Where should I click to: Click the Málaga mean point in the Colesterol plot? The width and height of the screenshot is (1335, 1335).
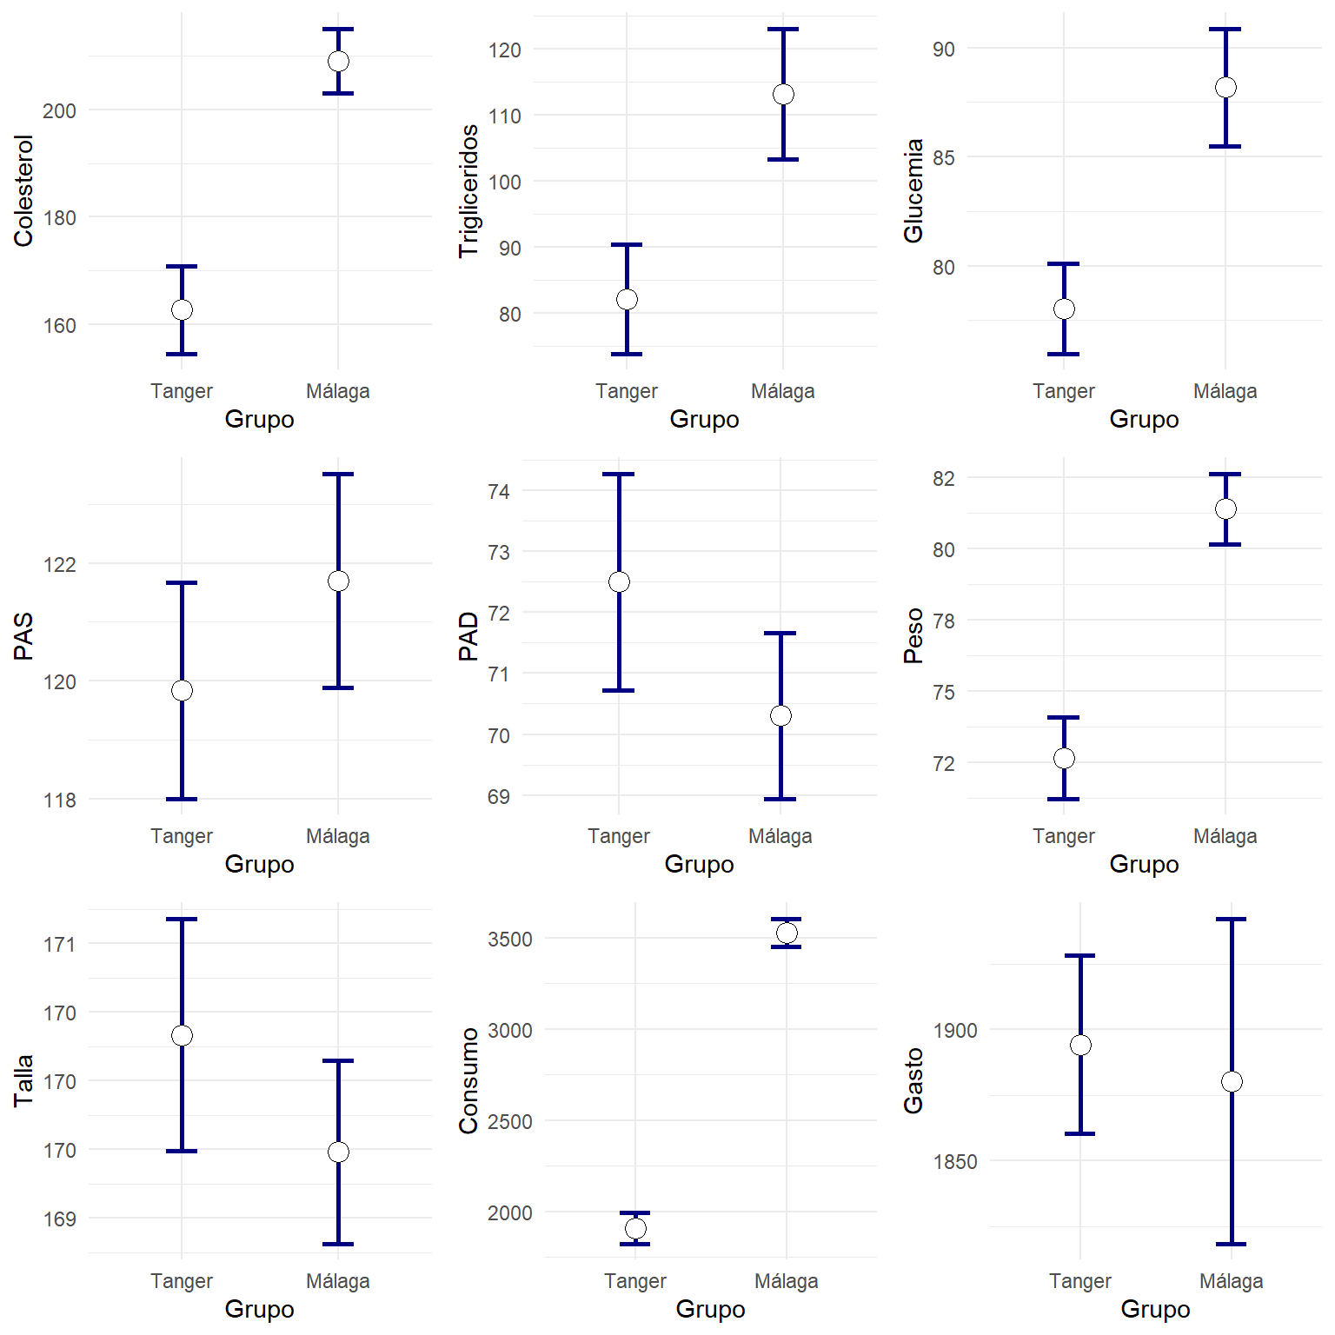338,61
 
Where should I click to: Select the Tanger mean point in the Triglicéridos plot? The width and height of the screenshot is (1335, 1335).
627,299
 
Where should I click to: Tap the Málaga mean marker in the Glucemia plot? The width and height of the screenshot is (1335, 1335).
1225,87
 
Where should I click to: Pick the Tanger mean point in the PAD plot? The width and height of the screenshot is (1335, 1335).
619,581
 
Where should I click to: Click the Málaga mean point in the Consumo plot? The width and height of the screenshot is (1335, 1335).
787,933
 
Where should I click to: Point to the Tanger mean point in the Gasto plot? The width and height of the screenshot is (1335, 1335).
1080,1045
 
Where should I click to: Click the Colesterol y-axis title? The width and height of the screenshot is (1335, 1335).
23,191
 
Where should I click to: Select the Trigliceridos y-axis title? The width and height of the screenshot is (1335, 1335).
468,191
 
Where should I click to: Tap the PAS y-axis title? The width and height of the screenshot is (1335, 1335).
23,636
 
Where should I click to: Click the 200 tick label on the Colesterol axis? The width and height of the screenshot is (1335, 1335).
59,110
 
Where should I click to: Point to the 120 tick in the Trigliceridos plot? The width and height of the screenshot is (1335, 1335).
504,50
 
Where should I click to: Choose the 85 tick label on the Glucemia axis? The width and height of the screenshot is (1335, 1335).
944,158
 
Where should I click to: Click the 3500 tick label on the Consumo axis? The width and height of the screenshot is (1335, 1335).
509,940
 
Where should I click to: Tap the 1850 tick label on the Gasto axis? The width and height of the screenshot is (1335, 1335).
954,1162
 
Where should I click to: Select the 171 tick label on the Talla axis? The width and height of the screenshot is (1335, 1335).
59,945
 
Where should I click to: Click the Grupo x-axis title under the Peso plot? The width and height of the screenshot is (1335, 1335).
1144,864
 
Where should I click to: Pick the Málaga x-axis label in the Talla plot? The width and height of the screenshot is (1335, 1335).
338,1281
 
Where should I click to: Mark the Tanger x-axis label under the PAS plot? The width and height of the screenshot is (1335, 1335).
182,836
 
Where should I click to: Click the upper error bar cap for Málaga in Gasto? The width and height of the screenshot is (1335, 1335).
1231,919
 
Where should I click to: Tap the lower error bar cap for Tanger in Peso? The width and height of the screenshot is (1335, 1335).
1064,799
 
